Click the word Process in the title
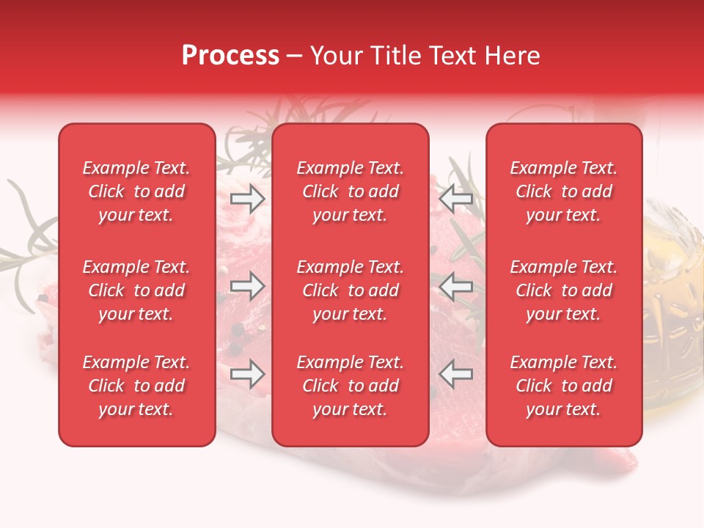tap(230, 56)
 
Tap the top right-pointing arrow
tap(247, 198)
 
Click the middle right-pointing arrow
tap(247, 286)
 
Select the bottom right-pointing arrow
tap(247, 374)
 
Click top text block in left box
tap(136, 191)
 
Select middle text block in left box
tap(136, 290)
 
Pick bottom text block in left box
tap(136, 386)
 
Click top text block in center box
tap(351, 191)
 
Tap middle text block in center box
tap(351, 290)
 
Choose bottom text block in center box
tap(351, 386)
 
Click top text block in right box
tap(564, 191)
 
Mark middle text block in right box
tap(564, 290)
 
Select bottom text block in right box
tap(564, 386)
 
